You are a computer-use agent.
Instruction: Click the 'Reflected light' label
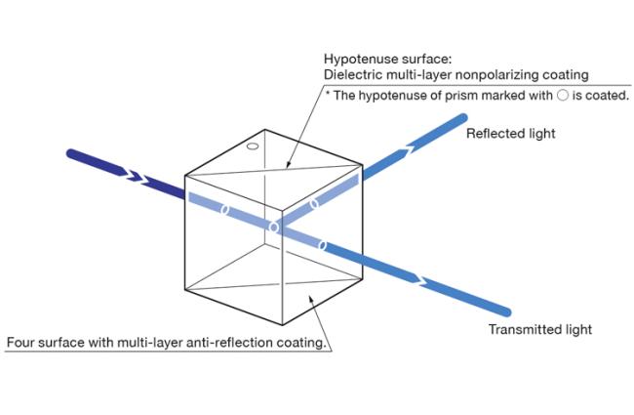pos(511,134)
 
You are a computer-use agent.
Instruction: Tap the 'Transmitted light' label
pos(540,329)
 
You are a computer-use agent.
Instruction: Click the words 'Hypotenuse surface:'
pos(388,60)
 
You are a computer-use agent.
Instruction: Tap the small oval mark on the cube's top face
pos(253,146)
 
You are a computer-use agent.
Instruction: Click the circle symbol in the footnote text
pos(563,95)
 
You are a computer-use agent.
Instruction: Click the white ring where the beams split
pos(274,228)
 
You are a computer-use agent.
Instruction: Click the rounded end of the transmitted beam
pos(506,311)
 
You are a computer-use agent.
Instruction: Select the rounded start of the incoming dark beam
pos(72,154)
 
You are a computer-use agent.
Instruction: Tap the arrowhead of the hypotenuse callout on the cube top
pos(288,165)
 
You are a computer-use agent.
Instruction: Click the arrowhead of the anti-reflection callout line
pos(310,298)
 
